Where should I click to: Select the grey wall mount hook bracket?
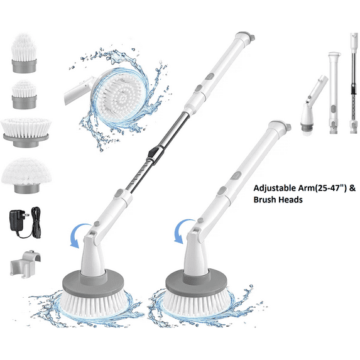(26, 265)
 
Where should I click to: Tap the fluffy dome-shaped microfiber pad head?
(26, 175)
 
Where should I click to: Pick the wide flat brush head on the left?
(26, 132)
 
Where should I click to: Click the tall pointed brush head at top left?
(24, 53)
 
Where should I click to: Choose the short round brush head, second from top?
(24, 94)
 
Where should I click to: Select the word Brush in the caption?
(265, 200)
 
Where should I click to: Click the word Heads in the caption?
(290, 200)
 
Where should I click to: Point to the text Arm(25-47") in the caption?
(322, 188)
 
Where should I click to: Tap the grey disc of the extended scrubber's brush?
(94, 284)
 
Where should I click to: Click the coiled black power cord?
(36, 222)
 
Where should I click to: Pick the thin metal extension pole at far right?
(354, 83)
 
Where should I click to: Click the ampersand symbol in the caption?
(352, 188)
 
